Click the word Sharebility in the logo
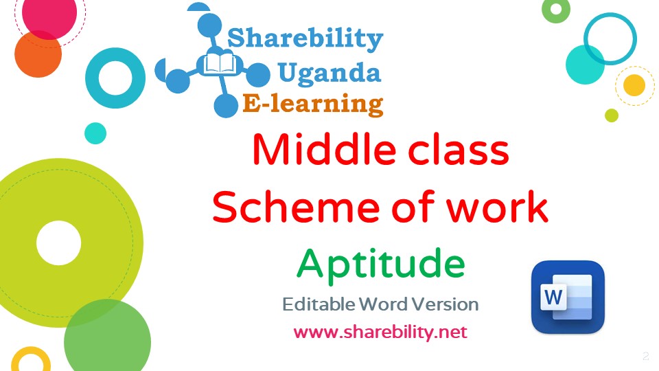pyautogui.click(x=305, y=38)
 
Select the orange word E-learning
pyautogui.click(x=313, y=104)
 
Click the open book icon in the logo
pyautogui.click(x=220, y=64)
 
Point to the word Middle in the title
pyautogui.click(x=324, y=149)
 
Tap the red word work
pyautogui.click(x=497, y=207)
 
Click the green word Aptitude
pyautogui.click(x=381, y=264)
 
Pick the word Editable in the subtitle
pyautogui.click(x=319, y=304)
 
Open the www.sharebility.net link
pyautogui.click(x=380, y=332)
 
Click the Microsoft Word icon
pyautogui.click(x=568, y=297)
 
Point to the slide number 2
pyautogui.click(x=645, y=357)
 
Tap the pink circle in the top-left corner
pyautogui.click(x=49, y=14)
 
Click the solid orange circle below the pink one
pyautogui.click(x=38, y=54)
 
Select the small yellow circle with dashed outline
pyautogui.click(x=634, y=85)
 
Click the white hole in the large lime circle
pyautogui.click(x=58, y=243)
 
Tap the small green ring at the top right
pyautogui.click(x=556, y=8)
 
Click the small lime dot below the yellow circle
pyautogui.click(x=612, y=115)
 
